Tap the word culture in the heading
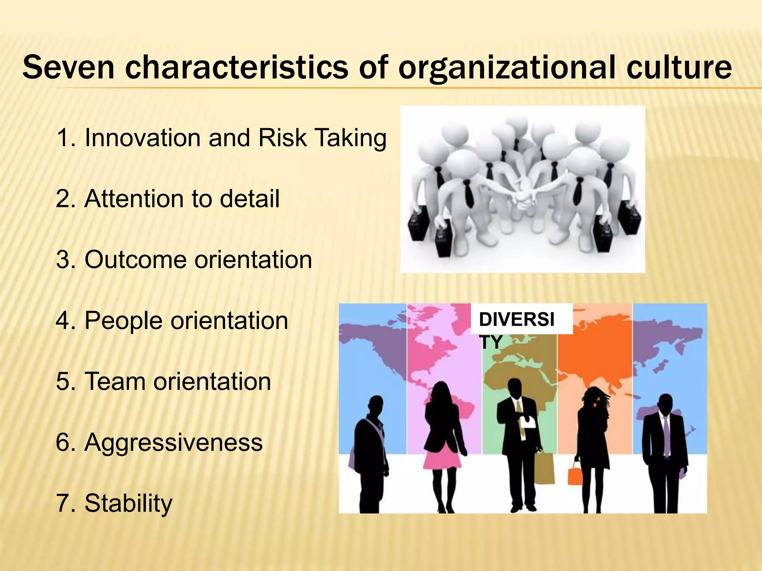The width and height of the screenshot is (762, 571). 679,67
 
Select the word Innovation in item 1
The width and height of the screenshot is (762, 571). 143,138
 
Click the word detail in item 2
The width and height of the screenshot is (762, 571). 249,199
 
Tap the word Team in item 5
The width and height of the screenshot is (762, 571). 115,381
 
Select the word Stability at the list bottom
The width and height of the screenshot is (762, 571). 128,503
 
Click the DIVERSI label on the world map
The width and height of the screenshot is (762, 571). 516,319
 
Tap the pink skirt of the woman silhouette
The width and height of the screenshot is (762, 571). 442,461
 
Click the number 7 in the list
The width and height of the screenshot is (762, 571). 62,503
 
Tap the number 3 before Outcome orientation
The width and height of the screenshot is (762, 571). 62,259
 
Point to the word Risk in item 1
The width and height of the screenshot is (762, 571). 282,138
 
